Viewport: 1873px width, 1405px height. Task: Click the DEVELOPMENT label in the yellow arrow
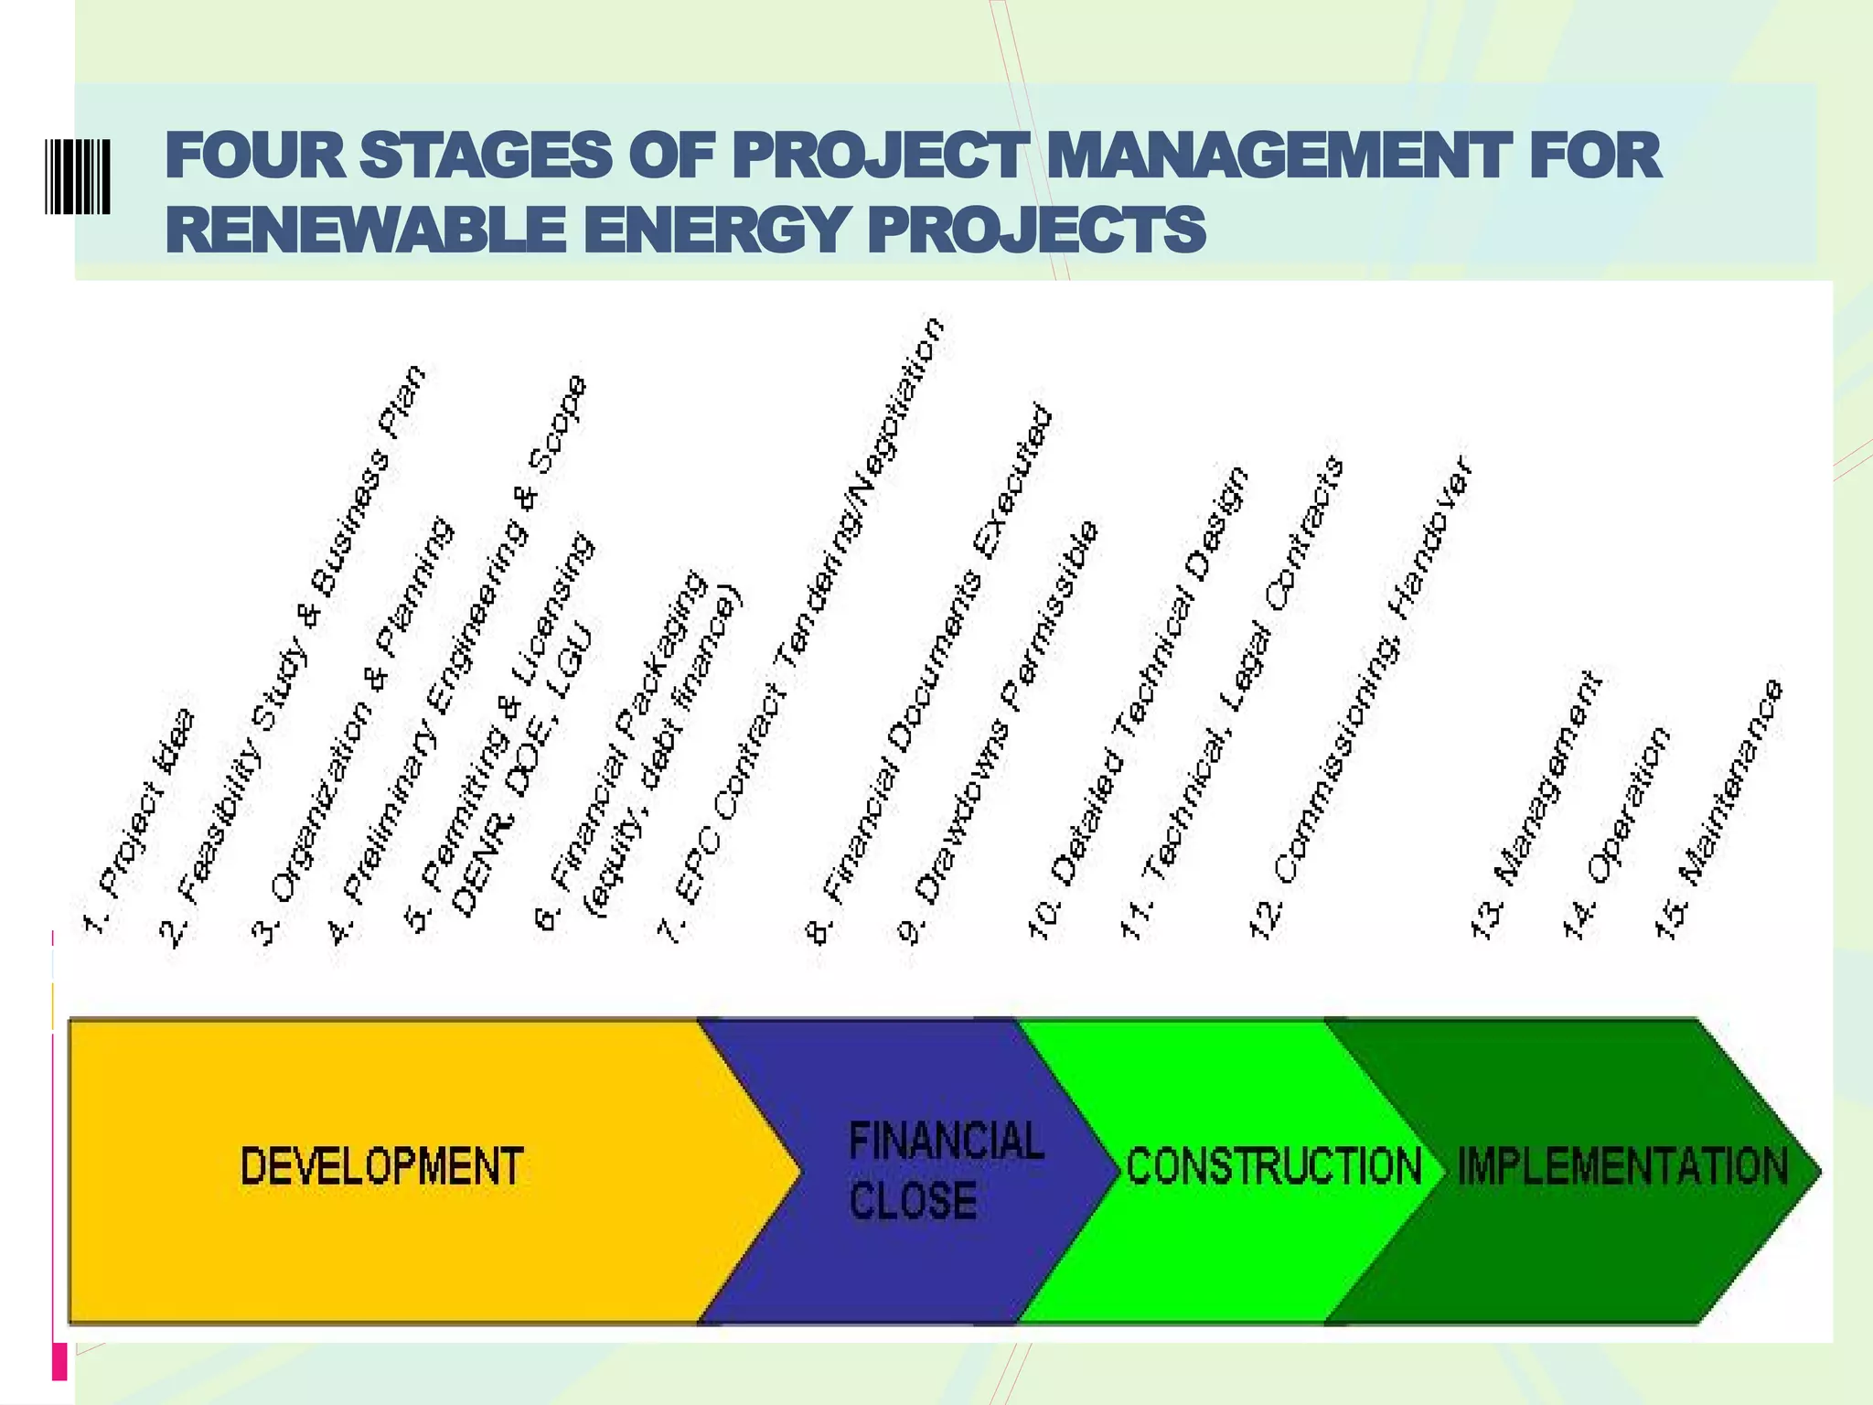[381, 1166]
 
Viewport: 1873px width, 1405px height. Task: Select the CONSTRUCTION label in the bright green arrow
[1273, 1166]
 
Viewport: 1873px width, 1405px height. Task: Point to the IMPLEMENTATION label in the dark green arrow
[1622, 1166]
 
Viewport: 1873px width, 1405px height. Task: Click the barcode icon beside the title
[78, 177]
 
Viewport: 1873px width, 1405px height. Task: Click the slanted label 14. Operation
[1615, 832]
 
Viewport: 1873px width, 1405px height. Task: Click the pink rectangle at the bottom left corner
[60, 1360]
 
